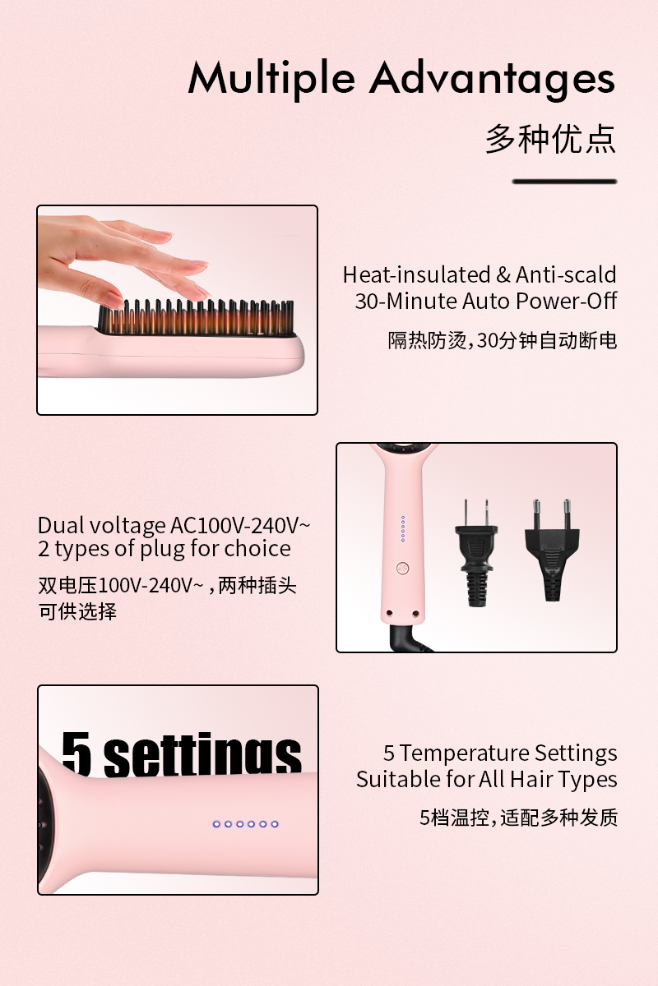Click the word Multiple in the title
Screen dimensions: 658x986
tap(271, 79)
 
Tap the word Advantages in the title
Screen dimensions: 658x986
tap(493, 79)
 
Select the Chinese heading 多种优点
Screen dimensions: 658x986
tap(550, 139)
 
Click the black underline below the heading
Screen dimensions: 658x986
tap(564, 182)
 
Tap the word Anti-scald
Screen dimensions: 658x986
tap(565, 274)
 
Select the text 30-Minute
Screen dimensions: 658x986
tap(406, 301)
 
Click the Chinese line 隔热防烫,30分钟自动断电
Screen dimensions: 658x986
tap(503, 341)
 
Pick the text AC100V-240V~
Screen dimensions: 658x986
tap(240, 525)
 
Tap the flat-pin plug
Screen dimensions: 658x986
tap(476, 552)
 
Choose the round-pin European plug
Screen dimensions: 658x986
tap(552, 551)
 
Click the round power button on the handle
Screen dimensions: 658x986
tap(403, 569)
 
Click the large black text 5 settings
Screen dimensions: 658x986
tap(182, 753)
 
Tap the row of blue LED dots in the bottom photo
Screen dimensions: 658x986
tap(245, 824)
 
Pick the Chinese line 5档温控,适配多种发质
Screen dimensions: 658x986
tap(518, 818)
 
